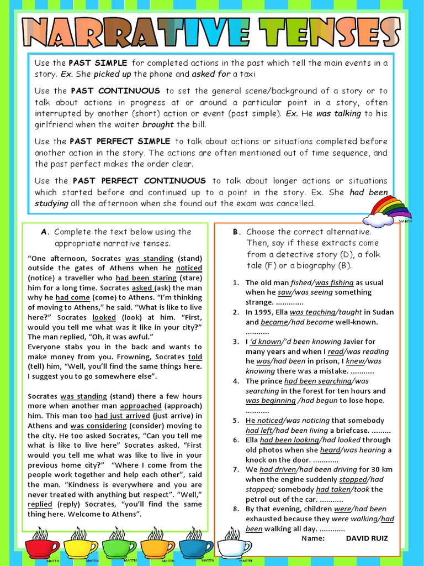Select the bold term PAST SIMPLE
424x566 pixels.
click(98, 63)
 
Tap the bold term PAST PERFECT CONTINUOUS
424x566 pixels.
click(139, 181)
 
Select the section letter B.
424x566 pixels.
click(236, 232)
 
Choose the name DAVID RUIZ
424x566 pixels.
click(367, 538)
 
